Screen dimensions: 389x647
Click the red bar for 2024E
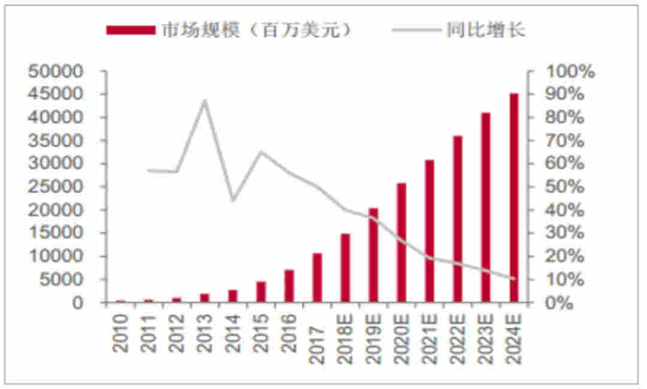[513, 198]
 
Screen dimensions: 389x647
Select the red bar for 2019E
[373, 255]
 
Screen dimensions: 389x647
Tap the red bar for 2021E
[430, 231]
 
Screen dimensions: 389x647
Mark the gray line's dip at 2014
[233, 200]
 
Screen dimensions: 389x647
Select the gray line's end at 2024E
[513, 279]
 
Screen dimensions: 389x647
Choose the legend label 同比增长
[485, 30]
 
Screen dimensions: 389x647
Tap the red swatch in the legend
[131, 31]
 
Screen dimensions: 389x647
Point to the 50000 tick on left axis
[55, 71]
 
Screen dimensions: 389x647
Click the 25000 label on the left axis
[55, 187]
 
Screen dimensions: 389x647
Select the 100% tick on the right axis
[569, 71]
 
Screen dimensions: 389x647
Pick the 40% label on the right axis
[566, 210]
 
